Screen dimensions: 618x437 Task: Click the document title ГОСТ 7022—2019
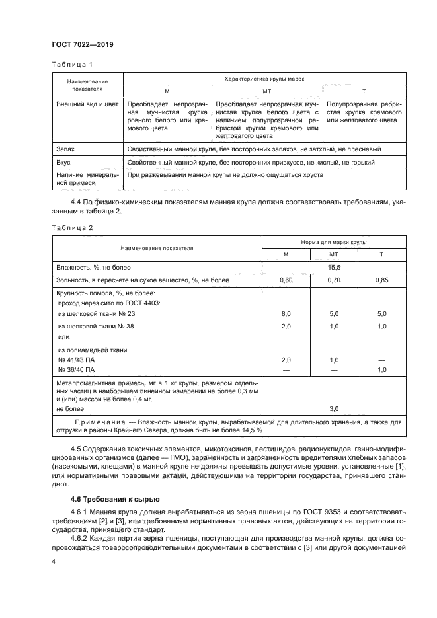tap(83, 44)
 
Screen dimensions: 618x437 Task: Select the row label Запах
tap(67, 150)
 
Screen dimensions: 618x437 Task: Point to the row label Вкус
tap(65, 162)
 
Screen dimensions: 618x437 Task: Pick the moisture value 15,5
tap(334, 267)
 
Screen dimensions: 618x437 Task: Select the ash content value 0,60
tap(286, 280)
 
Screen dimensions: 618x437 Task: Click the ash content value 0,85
tap(381, 280)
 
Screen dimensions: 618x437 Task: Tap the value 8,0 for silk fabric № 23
tap(286, 314)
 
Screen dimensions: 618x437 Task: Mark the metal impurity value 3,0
tap(334, 409)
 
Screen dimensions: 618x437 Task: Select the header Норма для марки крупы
tap(334, 242)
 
